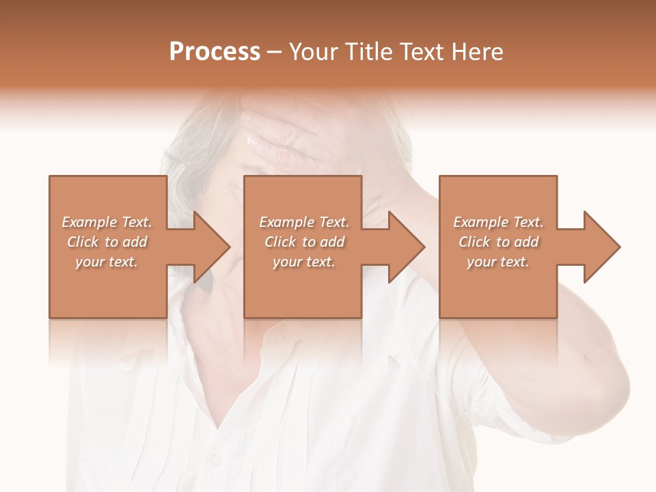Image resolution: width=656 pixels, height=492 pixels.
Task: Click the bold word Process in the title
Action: [215, 52]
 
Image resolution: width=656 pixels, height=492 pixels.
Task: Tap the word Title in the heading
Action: [368, 52]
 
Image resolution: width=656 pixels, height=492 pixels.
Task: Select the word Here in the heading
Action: [478, 52]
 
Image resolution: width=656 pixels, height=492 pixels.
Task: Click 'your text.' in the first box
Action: [107, 262]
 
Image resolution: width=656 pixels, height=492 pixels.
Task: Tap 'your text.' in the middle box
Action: [303, 262]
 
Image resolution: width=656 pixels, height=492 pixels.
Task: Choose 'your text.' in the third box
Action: [498, 262]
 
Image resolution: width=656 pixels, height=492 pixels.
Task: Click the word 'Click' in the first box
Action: [83, 242]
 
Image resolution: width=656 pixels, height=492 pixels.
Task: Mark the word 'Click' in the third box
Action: [475, 242]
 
